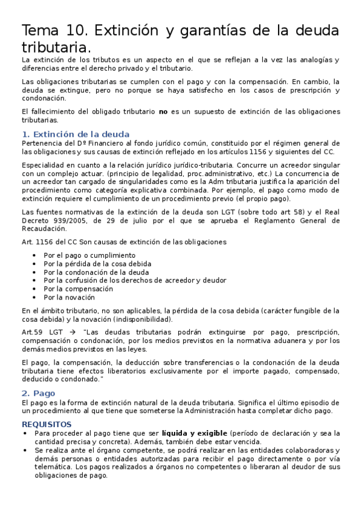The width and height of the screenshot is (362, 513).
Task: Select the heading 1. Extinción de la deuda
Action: click(75, 134)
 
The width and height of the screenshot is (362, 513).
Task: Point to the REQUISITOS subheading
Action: click(47, 424)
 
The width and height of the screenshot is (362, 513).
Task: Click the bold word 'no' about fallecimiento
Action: click(179, 111)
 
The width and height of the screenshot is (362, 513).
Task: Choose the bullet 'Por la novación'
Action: click(69, 297)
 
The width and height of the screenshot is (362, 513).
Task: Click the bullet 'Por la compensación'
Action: click(78, 289)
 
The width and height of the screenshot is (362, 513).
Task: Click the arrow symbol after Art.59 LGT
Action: click(71, 332)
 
